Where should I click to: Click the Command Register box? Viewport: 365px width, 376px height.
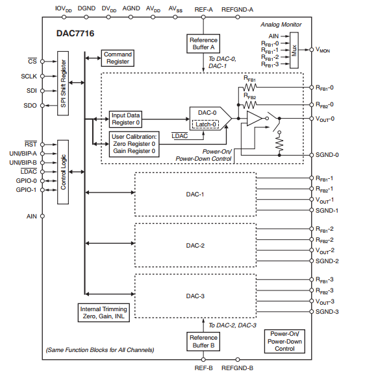point(118,58)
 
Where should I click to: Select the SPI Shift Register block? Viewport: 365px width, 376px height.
point(63,83)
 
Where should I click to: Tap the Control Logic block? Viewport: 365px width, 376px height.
point(63,172)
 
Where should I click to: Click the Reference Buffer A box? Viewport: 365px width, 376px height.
point(203,43)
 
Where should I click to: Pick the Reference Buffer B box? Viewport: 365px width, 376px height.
point(203,342)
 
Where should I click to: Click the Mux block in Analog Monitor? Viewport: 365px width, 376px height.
point(294,51)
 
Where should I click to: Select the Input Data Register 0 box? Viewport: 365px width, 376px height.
point(125,119)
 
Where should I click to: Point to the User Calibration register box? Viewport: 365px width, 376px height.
point(134,144)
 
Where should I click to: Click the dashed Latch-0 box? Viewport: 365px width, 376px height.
point(205,124)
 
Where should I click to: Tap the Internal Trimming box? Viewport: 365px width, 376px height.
point(104,312)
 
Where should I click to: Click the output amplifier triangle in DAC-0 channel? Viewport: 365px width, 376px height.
point(254,118)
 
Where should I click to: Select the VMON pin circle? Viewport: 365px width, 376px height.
point(311,50)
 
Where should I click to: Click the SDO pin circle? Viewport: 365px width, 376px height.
point(42,106)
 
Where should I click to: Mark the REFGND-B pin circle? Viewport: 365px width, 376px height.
point(238,359)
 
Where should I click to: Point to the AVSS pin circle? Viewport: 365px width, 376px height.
point(175,17)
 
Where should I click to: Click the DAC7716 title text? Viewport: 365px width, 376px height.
point(75,33)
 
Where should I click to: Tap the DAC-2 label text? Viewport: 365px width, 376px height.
point(195,246)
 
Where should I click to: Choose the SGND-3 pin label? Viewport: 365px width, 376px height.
point(327,312)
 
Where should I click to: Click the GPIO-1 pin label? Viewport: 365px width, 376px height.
point(26,190)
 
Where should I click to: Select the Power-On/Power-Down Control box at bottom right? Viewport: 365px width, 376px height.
point(284,341)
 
